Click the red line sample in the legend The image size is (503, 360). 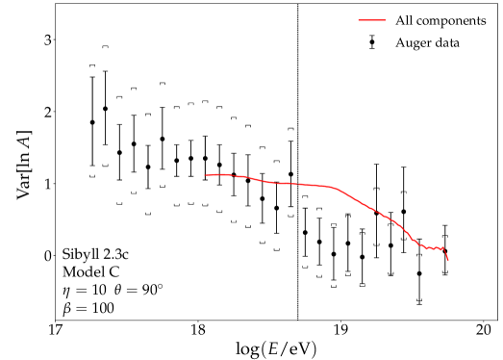click(x=371, y=20)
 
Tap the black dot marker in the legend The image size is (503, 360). click(x=371, y=42)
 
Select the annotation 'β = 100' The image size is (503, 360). click(x=87, y=309)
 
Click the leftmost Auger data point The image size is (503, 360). click(x=92, y=122)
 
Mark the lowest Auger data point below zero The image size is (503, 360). click(x=419, y=273)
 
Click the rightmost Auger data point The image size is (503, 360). click(x=444, y=251)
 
